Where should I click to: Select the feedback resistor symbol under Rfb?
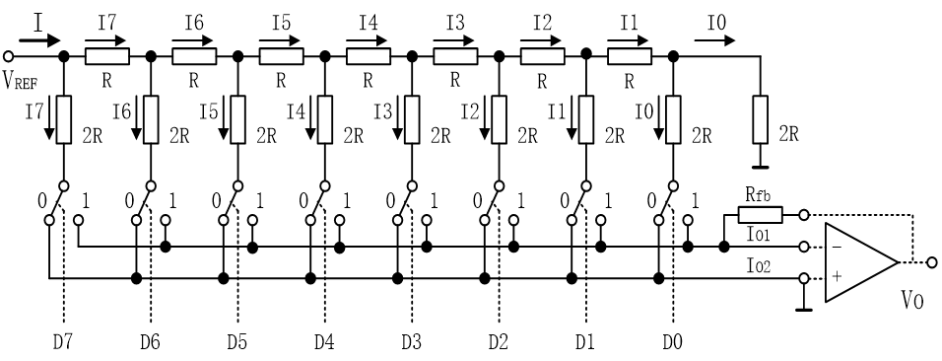pyautogui.click(x=760, y=214)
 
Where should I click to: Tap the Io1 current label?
pyautogui.click(x=760, y=235)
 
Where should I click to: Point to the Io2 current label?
pyautogui.click(x=760, y=267)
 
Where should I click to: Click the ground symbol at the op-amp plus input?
pyautogui.click(x=804, y=309)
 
